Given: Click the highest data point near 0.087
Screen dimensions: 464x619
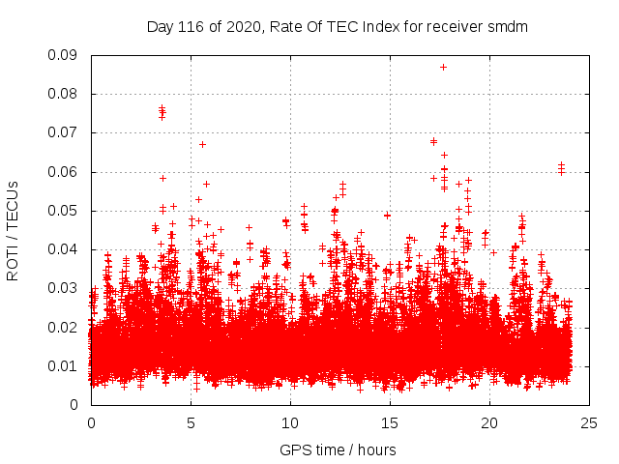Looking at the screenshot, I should (x=443, y=67).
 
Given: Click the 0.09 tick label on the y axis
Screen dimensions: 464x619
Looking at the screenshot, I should (x=65, y=55).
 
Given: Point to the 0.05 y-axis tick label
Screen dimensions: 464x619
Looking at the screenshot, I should (x=65, y=211).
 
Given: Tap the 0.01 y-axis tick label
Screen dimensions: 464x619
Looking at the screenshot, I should (x=65, y=365).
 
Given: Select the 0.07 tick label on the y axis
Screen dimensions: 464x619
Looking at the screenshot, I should (x=65, y=132).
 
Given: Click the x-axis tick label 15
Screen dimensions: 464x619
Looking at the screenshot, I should (x=389, y=422).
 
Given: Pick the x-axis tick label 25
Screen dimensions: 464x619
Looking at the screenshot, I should (x=588, y=422).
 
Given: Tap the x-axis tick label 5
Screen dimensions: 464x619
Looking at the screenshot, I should (x=191, y=422).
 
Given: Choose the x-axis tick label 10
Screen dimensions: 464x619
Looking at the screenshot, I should (x=289, y=422).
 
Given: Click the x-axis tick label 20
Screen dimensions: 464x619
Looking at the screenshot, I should (x=488, y=422).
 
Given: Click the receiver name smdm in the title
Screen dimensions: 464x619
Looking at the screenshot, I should (x=510, y=26).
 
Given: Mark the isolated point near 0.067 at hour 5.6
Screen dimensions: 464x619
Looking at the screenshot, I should (x=202, y=144).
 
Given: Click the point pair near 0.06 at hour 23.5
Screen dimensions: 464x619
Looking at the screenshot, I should (x=561, y=169).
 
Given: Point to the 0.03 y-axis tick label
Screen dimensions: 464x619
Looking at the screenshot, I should (x=65, y=288).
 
